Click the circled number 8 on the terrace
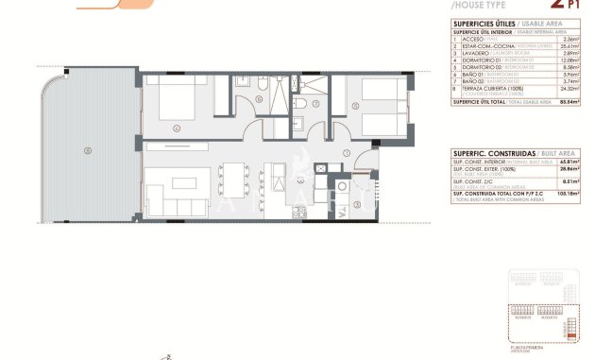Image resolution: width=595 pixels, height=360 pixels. coord(87,149)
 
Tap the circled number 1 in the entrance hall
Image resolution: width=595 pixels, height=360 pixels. coord(347,152)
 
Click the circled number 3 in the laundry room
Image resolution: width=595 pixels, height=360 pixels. coord(356,198)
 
